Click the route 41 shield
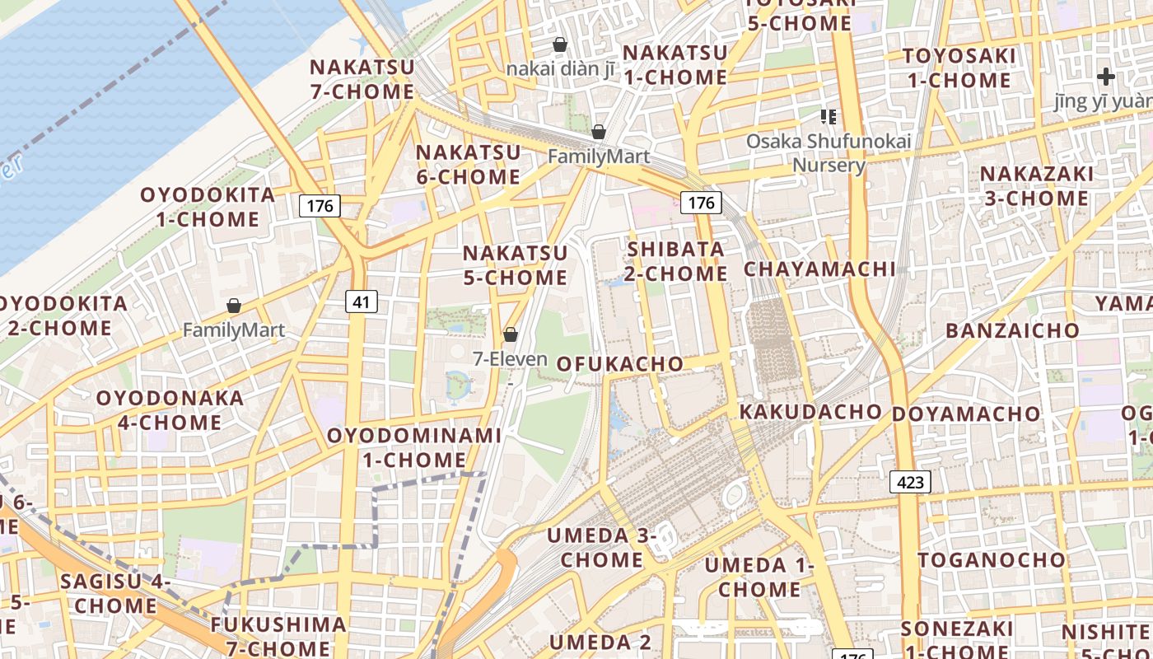(361, 302)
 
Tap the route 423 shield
(910, 482)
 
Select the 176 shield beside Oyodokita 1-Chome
(320, 205)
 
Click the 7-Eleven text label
(510, 359)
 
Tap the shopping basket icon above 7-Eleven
(511, 334)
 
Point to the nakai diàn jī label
(560, 68)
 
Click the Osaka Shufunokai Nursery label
(829, 153)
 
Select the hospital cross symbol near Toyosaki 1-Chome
(1105, 77)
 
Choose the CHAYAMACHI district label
(819, 269)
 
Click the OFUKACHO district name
(620, 364)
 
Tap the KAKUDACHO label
(810, 411)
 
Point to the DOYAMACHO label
(966, 414)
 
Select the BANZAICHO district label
(1012, 331)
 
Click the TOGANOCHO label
(992, 560)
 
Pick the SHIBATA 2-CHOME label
(676, 261)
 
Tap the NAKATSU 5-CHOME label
(515, 265)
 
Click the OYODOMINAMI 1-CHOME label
(414, 447)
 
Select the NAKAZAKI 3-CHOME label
(1036, 186)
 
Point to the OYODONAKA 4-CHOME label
(170, 410)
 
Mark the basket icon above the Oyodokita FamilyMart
(234, 306)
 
